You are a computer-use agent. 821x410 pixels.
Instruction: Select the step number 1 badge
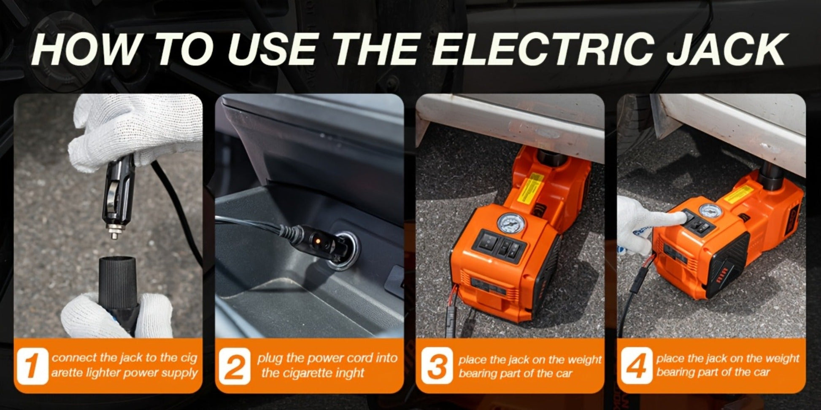point(32,366)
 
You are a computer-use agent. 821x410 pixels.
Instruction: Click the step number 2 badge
point(234,366)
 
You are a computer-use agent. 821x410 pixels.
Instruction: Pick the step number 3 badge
point(437,366)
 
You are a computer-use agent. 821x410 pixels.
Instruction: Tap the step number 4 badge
point(636,366)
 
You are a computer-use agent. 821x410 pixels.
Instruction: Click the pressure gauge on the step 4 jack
point(709,211)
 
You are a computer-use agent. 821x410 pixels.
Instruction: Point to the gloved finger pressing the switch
point(673,218)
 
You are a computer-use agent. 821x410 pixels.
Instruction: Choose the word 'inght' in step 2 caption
point(348,373)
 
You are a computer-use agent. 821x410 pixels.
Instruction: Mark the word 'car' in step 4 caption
point(762,372)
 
